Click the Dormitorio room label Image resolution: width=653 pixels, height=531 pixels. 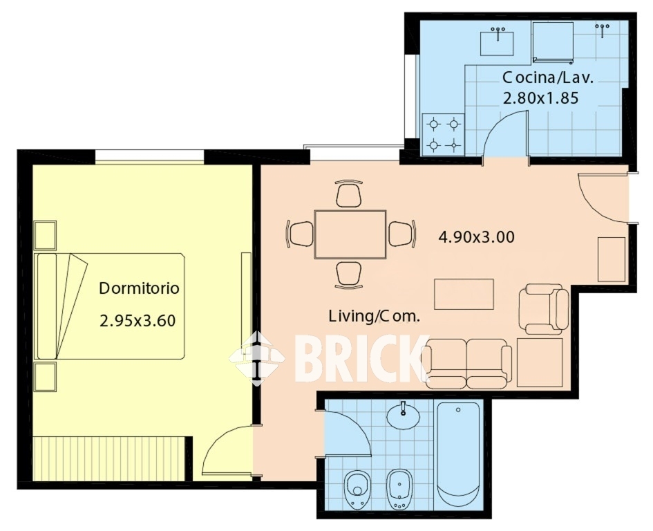coord(139,288)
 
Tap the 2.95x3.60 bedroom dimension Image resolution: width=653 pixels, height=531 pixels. coord(138,321)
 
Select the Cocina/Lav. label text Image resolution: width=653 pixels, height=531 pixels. coord(548,77)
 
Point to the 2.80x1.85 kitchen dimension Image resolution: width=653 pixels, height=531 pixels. coord(541,98)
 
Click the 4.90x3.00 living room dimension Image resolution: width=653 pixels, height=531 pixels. coord(476,237)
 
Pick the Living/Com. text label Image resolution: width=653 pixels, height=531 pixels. coord(375,316)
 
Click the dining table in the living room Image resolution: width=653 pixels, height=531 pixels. coord(350,234)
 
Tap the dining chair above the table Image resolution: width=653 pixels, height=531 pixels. coord(348,194)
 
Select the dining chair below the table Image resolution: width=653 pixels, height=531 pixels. coord(348,275)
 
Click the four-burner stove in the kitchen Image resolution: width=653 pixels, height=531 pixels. coord(443,135)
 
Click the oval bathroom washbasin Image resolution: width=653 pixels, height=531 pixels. coord(403,415)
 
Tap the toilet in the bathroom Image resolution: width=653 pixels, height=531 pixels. coord(356,490)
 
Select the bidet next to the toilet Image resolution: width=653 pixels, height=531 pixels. coord(399,490)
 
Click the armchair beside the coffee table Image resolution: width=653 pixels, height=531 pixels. coord(544,309)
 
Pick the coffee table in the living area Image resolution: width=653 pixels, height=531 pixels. coord(464,295)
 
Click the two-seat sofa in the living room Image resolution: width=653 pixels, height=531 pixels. coord(466,364)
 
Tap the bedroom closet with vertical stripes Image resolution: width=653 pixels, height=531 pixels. coord(108,458)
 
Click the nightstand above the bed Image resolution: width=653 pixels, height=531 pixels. coord(45,236)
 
